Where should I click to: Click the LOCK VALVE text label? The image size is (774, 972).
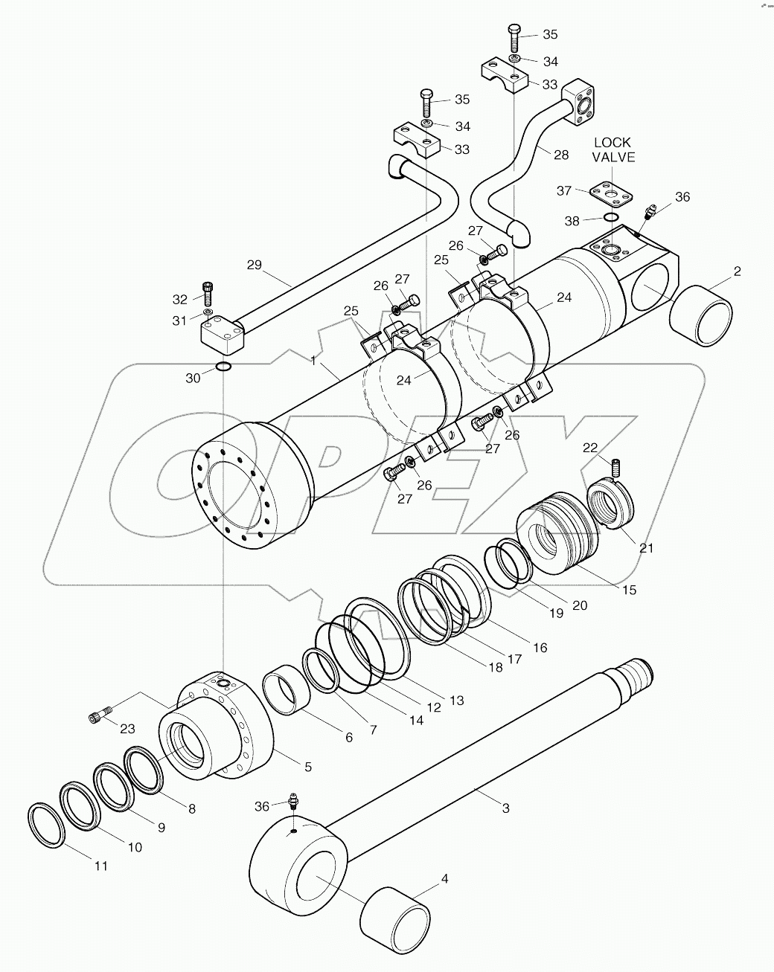[x=613, y=149]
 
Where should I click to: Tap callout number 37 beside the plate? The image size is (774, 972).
[x=564, y=191]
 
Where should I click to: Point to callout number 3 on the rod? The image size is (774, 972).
[x=505, y=808]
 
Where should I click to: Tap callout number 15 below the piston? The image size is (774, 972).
[x=629, y=590]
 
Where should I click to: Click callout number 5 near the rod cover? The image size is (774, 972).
[x=287, y=765]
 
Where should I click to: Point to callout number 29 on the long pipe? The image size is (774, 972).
[x=255, y=264]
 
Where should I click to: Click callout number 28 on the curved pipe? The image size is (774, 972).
[x=560, y=155]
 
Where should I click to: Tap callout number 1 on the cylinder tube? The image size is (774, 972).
[x=314, y=360]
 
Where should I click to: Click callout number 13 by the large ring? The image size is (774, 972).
[x=456, y=700]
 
